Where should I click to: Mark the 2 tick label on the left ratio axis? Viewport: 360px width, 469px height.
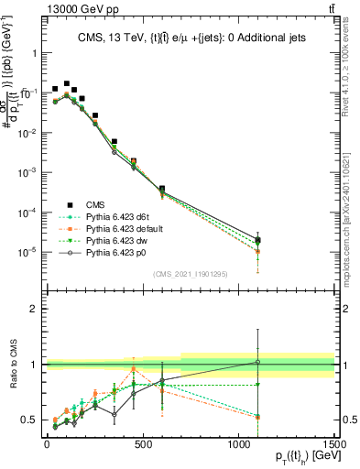[34, 309]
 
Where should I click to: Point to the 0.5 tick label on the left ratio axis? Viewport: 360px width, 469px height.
[30, 420]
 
